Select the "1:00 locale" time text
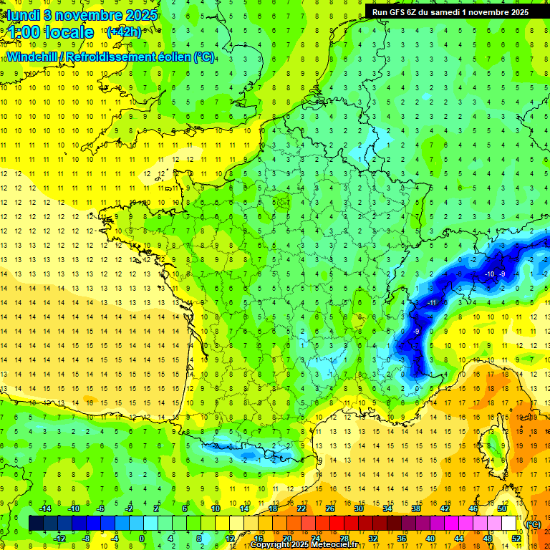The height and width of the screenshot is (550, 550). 50,32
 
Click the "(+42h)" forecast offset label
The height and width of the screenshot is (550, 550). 124,32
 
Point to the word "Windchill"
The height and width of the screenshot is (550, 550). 36,57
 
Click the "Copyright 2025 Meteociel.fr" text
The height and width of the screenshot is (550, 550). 309,545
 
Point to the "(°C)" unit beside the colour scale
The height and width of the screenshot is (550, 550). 533,524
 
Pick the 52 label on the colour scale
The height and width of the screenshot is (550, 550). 516,539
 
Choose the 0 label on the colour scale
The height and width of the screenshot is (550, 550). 142,539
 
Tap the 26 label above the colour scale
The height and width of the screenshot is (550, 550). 329,508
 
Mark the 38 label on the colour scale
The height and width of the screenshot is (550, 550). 415,508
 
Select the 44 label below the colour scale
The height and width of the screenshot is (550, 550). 459,539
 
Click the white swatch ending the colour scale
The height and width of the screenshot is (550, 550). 509,524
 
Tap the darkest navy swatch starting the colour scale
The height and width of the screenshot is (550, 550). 36,524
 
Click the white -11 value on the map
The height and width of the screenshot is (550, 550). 432,303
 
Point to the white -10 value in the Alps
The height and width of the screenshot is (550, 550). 490,274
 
